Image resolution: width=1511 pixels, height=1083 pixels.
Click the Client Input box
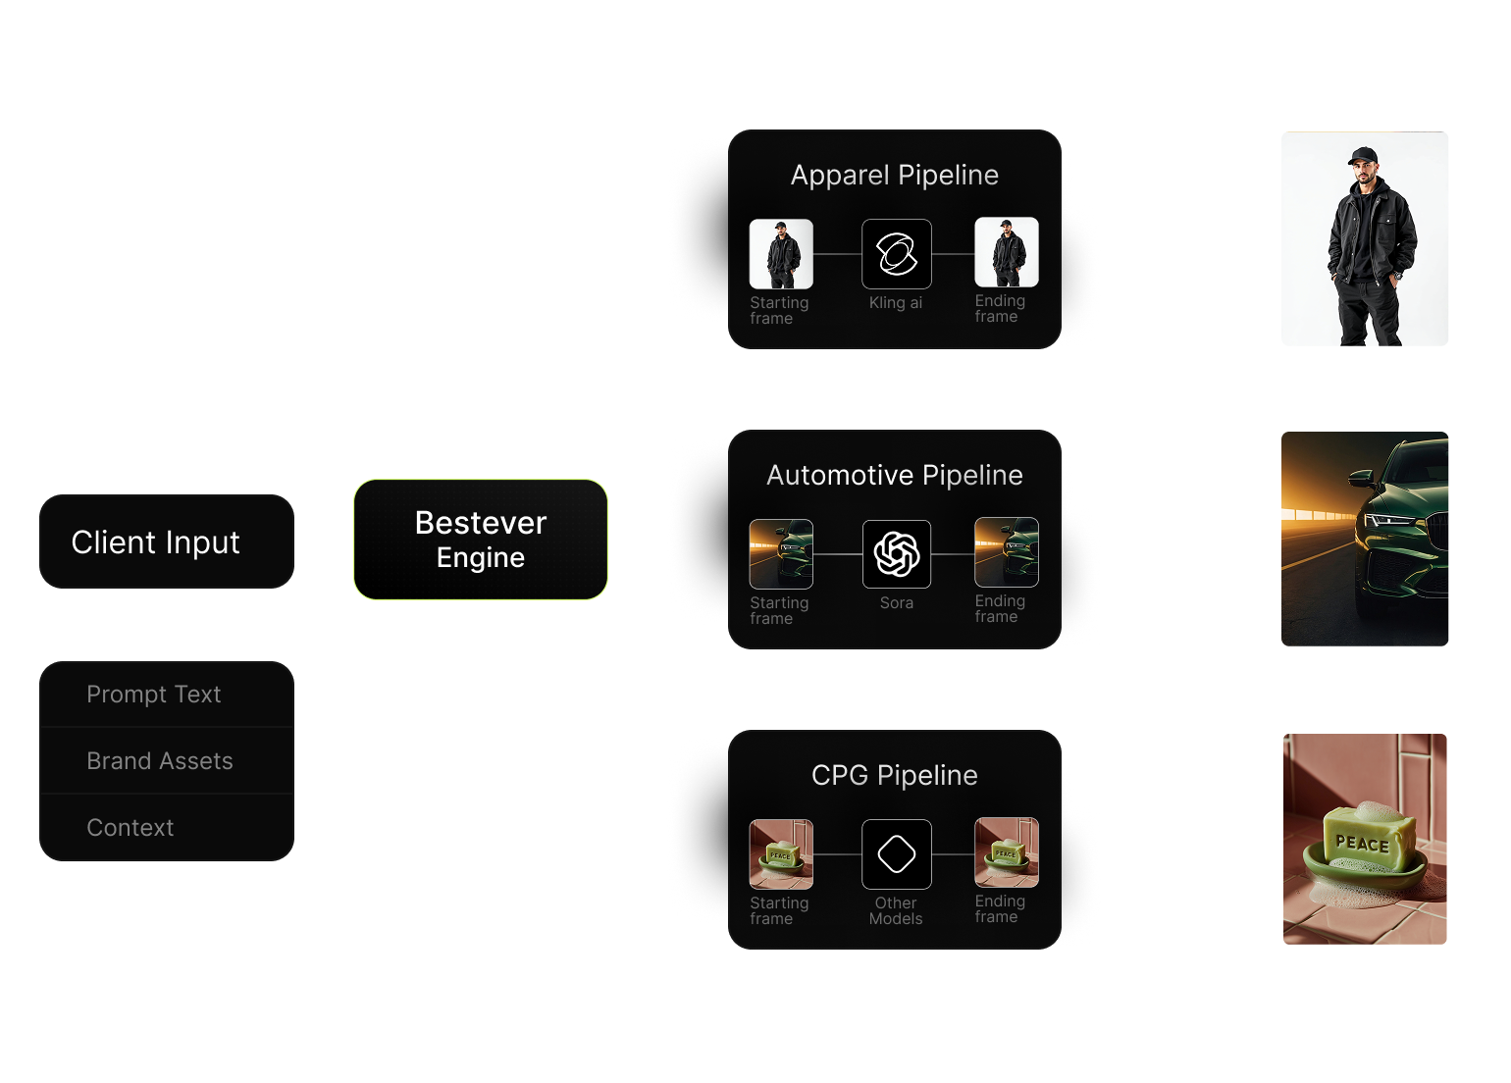coord(167,541)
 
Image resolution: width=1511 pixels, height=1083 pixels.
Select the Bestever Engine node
coord(481,540)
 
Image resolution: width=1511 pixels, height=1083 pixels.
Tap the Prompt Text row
coord(154,695)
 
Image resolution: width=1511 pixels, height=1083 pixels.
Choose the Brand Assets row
coord(160,761)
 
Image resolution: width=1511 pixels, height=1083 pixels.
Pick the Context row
coord(130,828)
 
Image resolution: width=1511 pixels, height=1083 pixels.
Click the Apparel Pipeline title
coord(895,176)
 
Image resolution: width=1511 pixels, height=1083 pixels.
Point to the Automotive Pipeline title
coord(895,476)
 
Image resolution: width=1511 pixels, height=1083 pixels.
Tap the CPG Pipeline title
coord(895,776)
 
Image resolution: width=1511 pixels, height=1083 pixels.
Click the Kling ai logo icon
coord(897,254)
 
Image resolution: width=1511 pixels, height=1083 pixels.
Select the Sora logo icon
coord(897,554)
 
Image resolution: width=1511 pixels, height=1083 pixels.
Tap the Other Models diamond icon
coord(897,854)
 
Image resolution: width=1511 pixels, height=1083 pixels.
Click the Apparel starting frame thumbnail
coord(781,254)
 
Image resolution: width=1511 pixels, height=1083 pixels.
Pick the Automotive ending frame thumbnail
coord(1007,552)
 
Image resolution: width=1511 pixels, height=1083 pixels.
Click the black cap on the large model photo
coord(1363,156)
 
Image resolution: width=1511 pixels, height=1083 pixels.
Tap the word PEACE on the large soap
coord(1362,843)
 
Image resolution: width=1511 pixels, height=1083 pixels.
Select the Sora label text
coord(897,603)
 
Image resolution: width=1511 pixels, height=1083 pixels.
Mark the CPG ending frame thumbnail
coord(1007,852)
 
